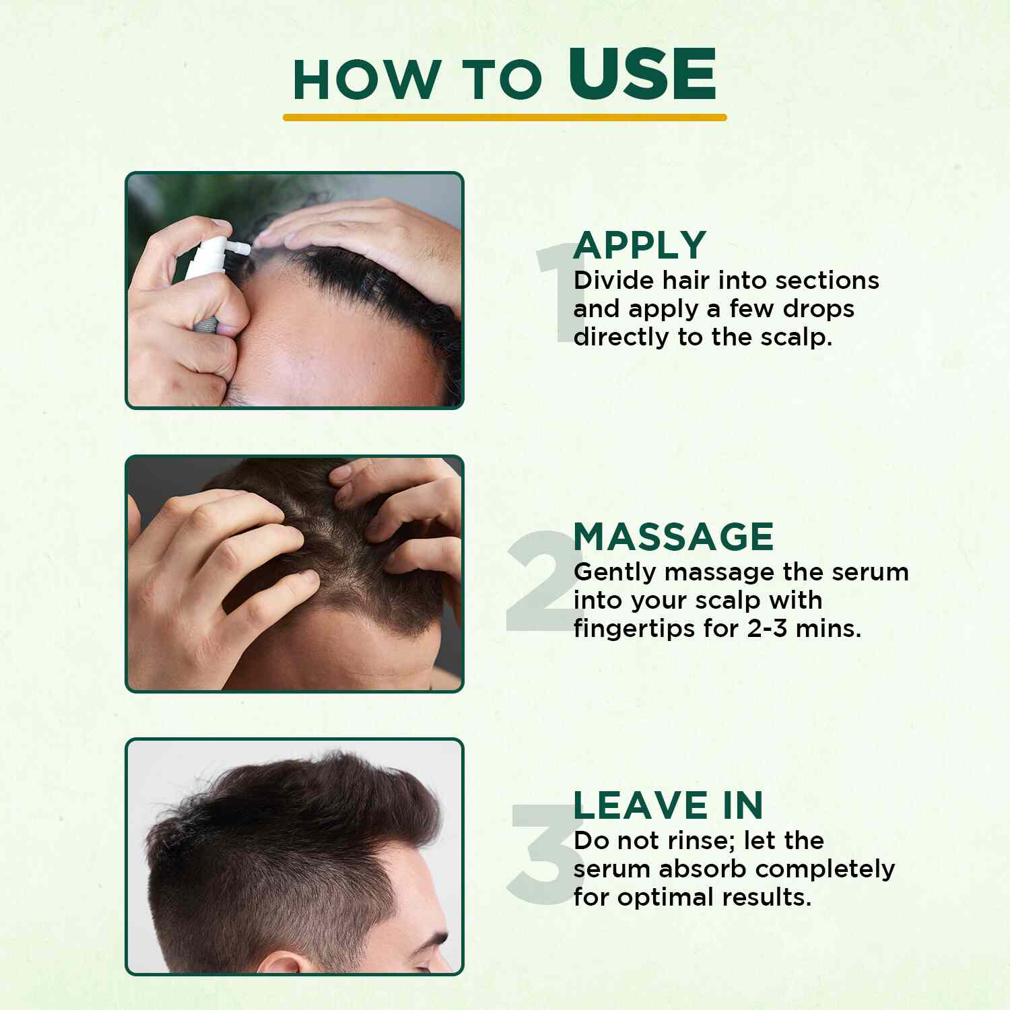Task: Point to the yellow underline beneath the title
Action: tap(505, 117)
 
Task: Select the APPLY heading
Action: tap(640, 245)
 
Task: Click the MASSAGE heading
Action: tap(673, 537)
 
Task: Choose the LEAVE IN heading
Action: tap(668, 805)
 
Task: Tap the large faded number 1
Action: tap(553, 292)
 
